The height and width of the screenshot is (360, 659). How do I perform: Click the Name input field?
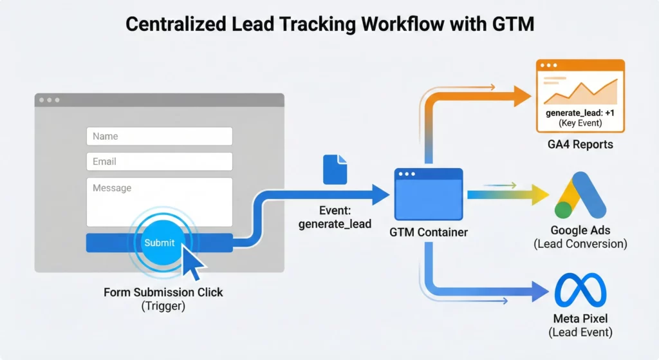[159, 136]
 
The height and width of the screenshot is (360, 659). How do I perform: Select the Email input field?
[159, 162]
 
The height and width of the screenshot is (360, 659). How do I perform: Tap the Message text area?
[159, 202]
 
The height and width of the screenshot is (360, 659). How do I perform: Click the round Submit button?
[159, 243]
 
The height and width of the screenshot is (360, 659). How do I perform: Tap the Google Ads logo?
[580, 196]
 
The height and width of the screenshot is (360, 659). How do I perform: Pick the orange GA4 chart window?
[580, 93]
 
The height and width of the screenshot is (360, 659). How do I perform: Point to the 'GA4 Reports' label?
[576, 144]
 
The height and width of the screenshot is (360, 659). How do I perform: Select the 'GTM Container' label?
[428, 232]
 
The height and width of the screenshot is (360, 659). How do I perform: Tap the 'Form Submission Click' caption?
[163, 292]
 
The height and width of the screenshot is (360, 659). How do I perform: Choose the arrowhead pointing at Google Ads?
[539, 194]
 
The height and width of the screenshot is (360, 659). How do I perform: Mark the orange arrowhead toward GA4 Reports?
[522, 96]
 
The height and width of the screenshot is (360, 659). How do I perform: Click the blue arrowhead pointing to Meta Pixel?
[539, 293]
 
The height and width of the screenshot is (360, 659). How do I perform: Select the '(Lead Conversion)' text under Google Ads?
[580, 244]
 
